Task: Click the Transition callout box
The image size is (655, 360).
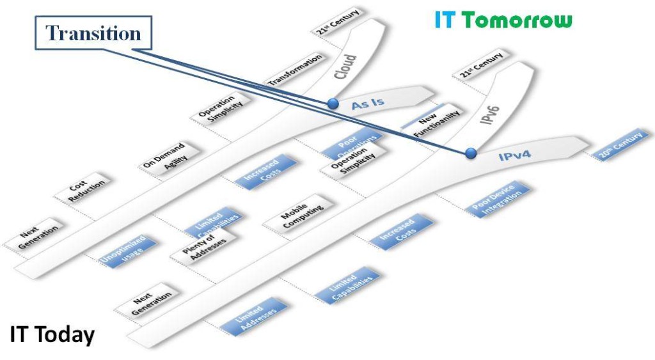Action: click(x=94, y=34)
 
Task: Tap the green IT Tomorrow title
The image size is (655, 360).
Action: click(x=503, y=20)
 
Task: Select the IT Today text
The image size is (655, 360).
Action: click(x=52, y=334)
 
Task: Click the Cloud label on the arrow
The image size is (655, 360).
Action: click(x=345, y=67)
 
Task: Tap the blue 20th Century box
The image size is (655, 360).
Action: click(x=621, y=145)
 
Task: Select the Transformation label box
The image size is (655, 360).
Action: click(x=295, y=70)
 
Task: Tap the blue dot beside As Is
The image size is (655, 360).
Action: click(x=332, y=103)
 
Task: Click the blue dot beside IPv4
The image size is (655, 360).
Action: click(x=471, y=153)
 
